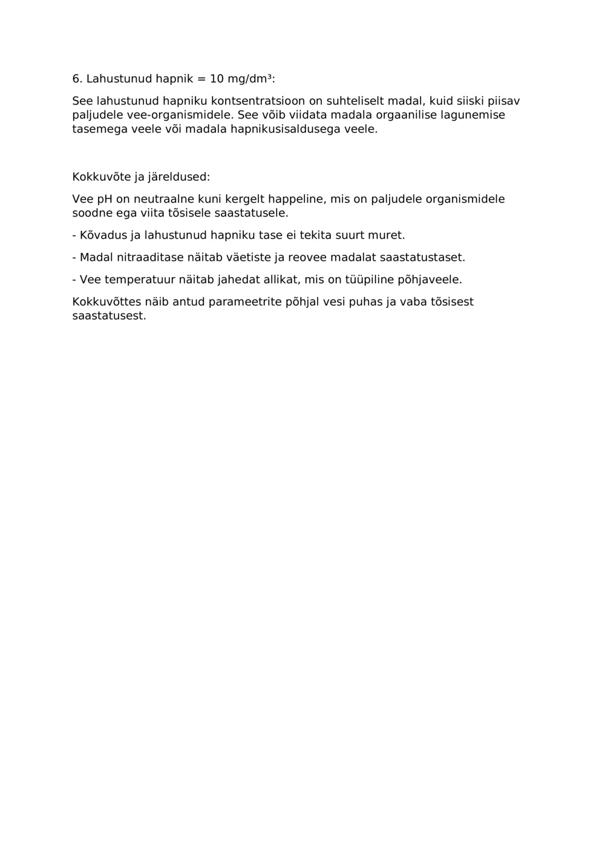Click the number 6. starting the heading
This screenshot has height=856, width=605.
[77, 79]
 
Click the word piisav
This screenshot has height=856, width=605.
[503, 101]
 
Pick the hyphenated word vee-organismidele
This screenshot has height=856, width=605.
[181, 115]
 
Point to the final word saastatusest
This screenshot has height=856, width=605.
[109, 316]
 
